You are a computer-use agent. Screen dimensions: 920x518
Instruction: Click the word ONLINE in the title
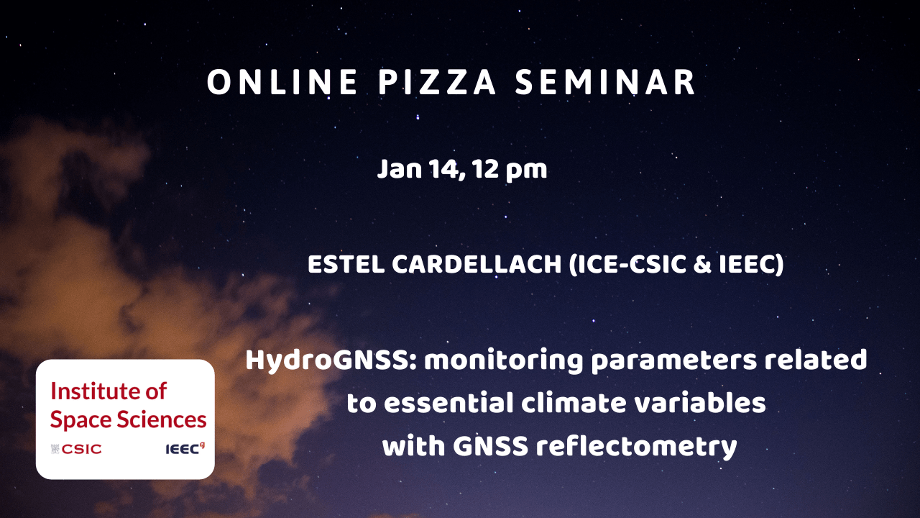(282, 82)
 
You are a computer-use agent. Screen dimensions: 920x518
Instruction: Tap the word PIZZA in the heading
(437, 82)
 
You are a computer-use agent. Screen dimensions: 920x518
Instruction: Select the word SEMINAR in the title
(605, 82)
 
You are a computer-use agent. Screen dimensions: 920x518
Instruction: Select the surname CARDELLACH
(477, 264)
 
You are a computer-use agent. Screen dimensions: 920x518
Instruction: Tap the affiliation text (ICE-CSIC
(627, 264)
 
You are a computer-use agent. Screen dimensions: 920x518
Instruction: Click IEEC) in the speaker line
(751, 264)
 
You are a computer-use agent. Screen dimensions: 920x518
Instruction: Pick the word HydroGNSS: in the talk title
(331, 360)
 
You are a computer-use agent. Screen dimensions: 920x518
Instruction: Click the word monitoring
(504, 361)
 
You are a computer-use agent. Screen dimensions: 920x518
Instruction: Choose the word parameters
(673, 361)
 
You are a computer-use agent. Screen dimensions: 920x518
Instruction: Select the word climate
(574, 403)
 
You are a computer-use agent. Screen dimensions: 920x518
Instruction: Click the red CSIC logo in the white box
(76, 449)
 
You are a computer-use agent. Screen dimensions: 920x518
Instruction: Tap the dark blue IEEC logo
(185, 449)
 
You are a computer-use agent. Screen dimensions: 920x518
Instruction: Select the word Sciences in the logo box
(162, 419)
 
